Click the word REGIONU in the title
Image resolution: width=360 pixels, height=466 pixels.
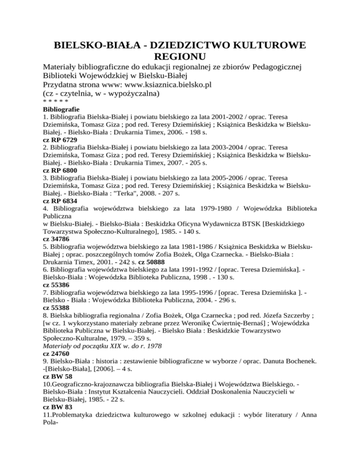coord(180,57)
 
